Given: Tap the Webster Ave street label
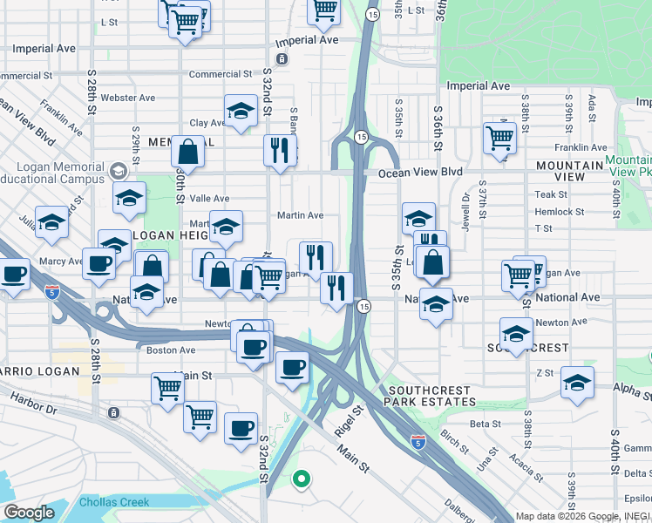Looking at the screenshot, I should (127, 98).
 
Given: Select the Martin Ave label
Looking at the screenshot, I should (300, 215).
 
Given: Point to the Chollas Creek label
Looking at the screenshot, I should (114, 502).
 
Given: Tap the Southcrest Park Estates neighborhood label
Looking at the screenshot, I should (433, 396).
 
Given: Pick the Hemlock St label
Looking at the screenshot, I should (560, 212).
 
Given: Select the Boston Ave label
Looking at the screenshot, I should (171, 350).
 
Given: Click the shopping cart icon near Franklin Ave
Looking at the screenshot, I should (499, 136).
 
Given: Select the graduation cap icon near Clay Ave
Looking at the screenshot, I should (241, 111).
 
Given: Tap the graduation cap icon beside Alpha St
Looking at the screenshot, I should (577, 382).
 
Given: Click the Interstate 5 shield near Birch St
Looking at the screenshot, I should (418, 443).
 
